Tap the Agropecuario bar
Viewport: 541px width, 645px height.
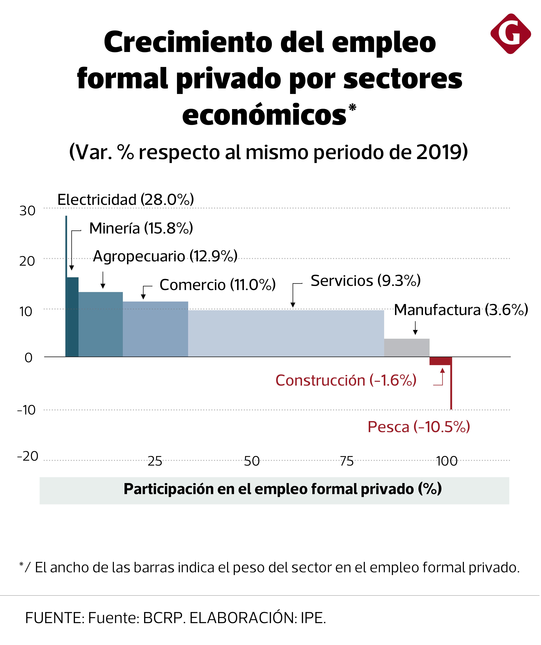point(101,324)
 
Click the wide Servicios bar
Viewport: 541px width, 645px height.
point(286,334)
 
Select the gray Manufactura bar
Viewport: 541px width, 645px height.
point(407,348)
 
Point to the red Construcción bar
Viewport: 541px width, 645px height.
point(440,361)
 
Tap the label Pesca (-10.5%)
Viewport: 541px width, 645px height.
point(419,427)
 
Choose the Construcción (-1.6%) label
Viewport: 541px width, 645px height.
point(346,380)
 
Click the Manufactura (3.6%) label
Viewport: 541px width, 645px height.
point(461,310)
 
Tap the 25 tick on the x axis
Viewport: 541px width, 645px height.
point(155,461)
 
